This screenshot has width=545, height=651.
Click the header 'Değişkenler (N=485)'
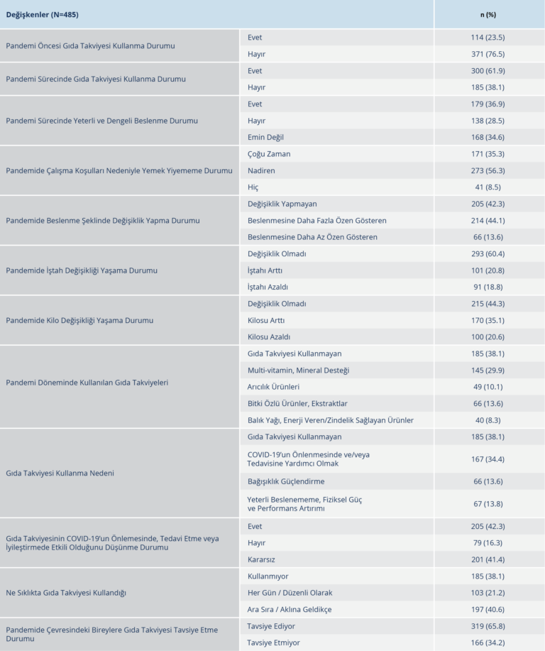[42, 13]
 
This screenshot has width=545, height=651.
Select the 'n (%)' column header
[488, 13]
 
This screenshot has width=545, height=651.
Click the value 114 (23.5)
[488, 38]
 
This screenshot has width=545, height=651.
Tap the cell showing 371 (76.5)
[488, 54]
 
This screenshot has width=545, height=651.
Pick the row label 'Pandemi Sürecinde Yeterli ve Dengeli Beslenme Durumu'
[101, 121]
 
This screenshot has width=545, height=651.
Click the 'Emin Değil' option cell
[265, 137]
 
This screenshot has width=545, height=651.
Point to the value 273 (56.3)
[488, 170]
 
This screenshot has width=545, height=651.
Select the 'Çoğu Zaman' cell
[269, 154]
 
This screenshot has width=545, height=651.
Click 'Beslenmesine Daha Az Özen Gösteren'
[312, 237]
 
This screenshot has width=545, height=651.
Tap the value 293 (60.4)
[488, 253]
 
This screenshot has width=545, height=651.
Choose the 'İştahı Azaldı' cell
[268, 287]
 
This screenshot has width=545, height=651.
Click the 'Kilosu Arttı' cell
[266, 320]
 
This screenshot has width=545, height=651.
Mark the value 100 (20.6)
[488, 337]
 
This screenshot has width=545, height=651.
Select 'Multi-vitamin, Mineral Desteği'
[298, 370]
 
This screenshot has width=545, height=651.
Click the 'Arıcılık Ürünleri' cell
[273, 387]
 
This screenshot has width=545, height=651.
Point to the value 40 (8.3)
[488, 420]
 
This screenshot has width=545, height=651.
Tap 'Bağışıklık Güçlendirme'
[286, 481]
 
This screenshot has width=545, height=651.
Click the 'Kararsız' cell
[261, 559]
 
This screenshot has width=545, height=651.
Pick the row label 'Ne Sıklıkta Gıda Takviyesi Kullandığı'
[70, 593]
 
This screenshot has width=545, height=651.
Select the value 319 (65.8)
[488, 626]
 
